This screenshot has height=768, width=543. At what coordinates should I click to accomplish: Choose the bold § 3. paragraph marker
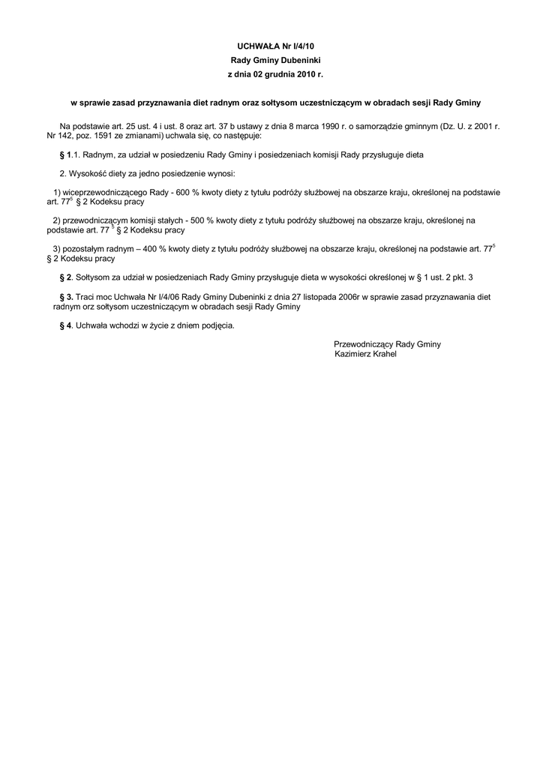(x=66, y=297)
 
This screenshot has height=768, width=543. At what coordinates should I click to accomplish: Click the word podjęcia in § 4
(x=217, y=325)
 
